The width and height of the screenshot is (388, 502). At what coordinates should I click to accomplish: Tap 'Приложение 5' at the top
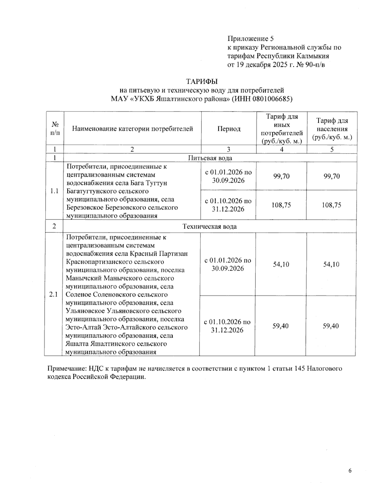251,39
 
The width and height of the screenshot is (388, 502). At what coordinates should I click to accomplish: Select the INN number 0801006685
274,99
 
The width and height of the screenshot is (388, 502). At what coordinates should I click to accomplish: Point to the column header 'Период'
229,129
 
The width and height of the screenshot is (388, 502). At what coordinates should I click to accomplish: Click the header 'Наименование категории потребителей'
132,129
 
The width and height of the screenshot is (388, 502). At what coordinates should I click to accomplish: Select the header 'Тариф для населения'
332,129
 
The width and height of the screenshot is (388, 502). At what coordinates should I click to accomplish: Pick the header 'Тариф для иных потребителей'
282,129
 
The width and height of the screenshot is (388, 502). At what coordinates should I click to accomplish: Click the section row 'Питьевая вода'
210,158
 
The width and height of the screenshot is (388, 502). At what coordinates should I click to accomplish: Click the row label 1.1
54,191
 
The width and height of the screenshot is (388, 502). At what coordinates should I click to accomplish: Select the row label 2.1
54,294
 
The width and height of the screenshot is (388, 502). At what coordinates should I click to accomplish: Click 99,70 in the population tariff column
332,176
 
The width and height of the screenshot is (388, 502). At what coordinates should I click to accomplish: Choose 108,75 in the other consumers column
281,205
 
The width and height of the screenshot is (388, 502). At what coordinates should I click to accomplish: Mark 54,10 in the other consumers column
281,264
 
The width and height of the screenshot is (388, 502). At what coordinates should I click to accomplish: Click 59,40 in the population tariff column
330,326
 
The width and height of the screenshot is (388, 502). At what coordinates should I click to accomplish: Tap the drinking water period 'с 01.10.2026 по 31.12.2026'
228,205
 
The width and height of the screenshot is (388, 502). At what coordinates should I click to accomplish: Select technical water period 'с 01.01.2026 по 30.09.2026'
228,264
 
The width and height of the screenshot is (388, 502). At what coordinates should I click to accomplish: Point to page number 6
350,470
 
